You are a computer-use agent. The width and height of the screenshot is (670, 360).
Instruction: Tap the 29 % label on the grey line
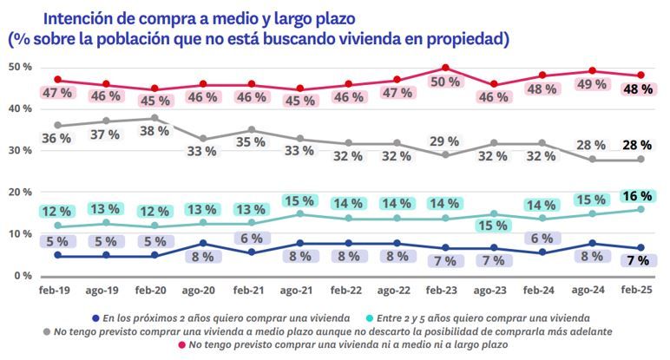point(444,141)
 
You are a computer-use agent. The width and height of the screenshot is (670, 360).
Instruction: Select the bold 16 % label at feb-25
point(638,197)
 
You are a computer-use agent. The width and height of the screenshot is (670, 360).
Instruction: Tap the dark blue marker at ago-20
point(202,243)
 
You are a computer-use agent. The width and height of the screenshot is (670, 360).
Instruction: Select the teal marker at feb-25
point(640,209)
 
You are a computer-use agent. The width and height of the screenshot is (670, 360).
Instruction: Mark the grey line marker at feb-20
point(154,118)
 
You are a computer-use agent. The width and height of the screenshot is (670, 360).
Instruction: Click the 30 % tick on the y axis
point(20,150)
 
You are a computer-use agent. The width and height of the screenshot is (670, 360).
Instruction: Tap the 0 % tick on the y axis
point(23,276)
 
